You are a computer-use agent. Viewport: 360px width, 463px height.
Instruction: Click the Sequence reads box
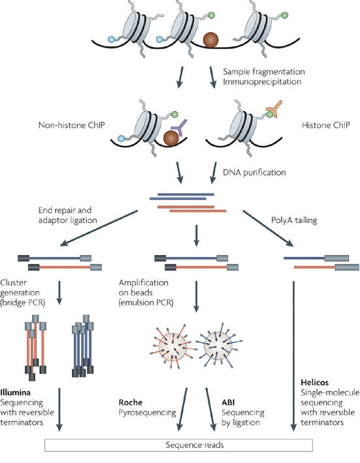click(178, 445)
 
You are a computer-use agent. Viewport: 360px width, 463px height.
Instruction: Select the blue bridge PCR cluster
click(86, 344)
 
